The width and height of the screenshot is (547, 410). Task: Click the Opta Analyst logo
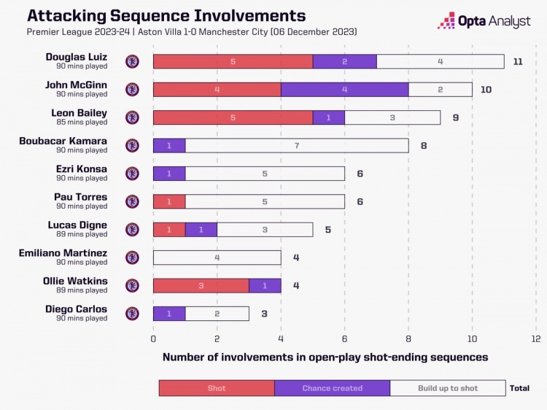[x=484, y=20]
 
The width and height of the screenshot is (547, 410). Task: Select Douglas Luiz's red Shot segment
[x=233, y=62]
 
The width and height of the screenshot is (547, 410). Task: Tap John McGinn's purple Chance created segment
[x=344, y=90]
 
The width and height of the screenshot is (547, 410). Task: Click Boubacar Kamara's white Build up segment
[x=296, y=145]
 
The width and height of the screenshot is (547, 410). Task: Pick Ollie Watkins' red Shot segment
[x=201, y=286]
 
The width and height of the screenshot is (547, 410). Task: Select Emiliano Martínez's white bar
[x=217, y=258]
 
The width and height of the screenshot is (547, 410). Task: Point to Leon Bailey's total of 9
[x=455, y=117]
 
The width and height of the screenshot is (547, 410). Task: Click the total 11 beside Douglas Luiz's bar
[x=518, y=62]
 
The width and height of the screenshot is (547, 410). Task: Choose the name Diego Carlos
[x=76, y=309]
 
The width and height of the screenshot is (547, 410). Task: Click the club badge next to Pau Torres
[x=132, y=201]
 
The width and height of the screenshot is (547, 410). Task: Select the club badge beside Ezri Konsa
[x=132, y=174]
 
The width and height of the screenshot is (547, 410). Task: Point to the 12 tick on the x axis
[x=535, y=339]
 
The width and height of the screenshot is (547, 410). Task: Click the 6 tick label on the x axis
[x=344, y=339]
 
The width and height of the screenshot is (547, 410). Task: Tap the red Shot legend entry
[x=217, y=388]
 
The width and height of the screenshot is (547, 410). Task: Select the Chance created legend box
[x=332, y=388]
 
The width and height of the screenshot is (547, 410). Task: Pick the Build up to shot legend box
[x=448, y=388]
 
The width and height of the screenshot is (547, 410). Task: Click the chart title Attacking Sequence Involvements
[x=167, y=16]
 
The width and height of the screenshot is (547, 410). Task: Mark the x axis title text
[x=325, y=357]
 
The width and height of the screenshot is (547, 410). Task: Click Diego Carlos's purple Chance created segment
[x=169, y=314]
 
